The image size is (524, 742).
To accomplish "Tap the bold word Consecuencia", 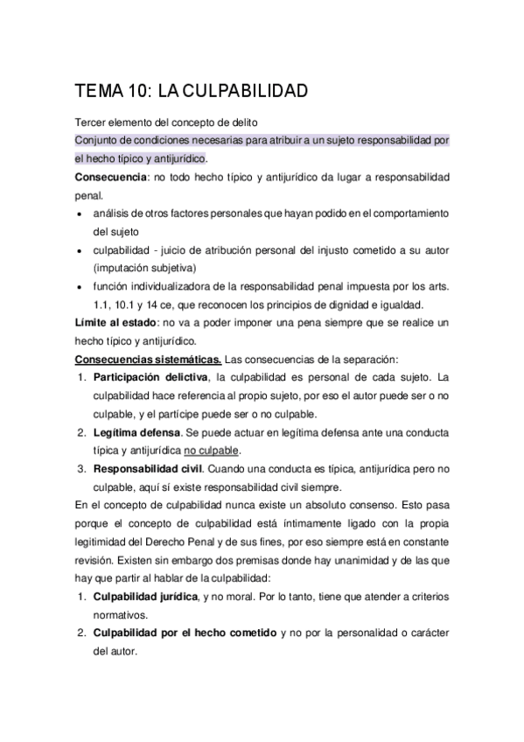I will [x=108, y=177].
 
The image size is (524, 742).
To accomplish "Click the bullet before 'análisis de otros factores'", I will [x=80, y=213].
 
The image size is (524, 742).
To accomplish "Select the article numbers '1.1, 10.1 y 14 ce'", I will [x=140, y=304].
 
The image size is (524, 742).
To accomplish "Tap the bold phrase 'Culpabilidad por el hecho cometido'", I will [x=185, y=633].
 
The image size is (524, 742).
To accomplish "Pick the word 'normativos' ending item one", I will [x=120, y=614].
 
